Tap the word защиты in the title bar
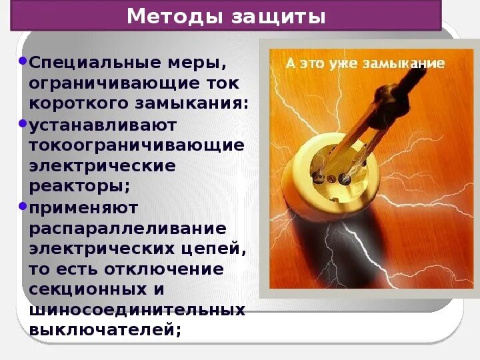point(279,15)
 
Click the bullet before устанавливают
point(23,123)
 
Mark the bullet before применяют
point(23,206)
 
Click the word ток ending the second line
point(223,84)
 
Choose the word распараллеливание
point(127,229)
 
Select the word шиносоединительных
point(137,311)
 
